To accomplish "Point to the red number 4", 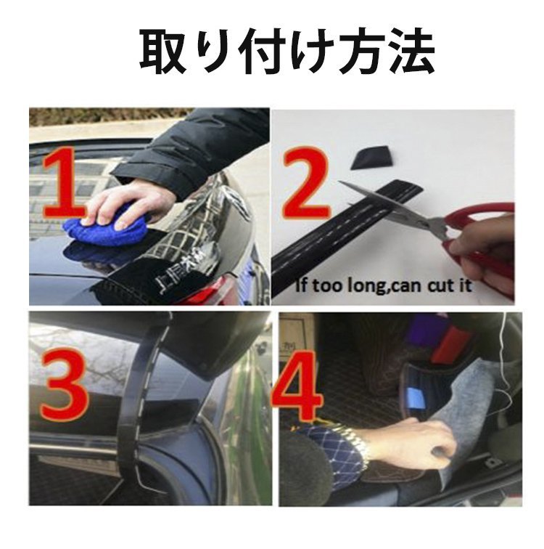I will [x=297, y=388].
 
